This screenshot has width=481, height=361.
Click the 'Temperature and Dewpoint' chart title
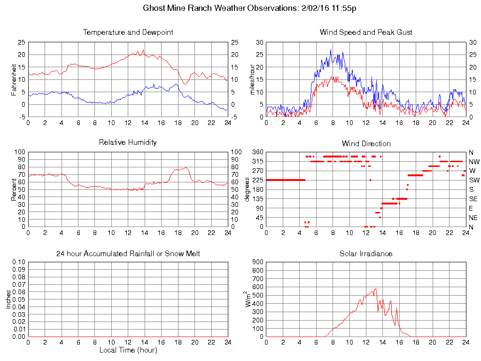[x=128, y=32]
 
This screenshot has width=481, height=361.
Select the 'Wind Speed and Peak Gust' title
[x=366, y=32]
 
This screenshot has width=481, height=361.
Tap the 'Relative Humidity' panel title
[x=128, y=142]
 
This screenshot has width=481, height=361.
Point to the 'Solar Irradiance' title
[x=366, y=254]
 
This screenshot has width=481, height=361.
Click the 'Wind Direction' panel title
[x=366, y=143]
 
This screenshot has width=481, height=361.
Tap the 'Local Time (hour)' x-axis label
[x=128, y=350]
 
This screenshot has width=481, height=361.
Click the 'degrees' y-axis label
[x=247, y=189]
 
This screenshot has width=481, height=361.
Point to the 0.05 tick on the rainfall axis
[x=18, y=299]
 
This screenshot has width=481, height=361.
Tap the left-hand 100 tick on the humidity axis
[x=19, y=152]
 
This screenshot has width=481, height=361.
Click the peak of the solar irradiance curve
[x=376, y=289]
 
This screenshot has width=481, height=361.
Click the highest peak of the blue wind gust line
[x=331, y=50]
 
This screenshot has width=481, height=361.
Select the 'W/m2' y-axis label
[x=249, y=299]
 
